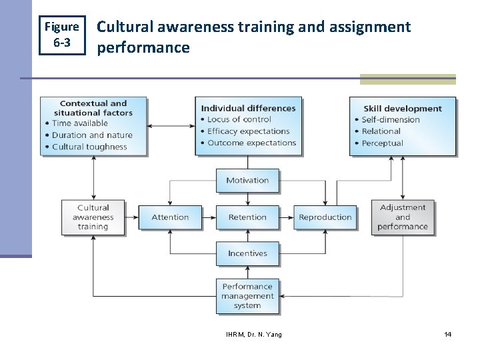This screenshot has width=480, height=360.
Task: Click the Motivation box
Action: coord(247,181)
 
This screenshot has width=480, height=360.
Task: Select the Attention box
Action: coord(170,217)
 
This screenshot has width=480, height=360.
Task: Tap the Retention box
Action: coord(247,217)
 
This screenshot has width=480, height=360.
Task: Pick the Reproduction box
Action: coord(325,217)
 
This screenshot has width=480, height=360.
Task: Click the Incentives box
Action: coord(247,253)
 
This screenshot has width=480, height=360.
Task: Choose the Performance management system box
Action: coord(247,296)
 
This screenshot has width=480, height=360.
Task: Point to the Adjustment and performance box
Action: coord(403,217)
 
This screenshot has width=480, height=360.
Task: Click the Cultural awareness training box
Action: coord(93,217)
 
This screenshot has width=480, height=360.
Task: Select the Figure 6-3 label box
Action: coord(61,35)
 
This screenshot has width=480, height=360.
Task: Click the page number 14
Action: coord(448,334)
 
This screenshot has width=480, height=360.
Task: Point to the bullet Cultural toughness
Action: coord(89,147)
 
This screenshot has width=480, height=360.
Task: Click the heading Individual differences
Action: coord(248,108)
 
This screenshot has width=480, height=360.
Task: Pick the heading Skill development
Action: coord(402,109)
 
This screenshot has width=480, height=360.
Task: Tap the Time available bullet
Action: coord(79,123)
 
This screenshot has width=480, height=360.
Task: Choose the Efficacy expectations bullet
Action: coord(248,131)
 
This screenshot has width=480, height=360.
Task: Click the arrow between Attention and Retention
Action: coord(209,217)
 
